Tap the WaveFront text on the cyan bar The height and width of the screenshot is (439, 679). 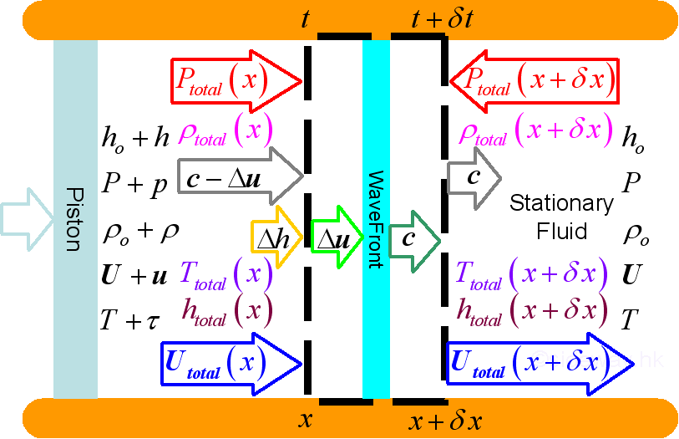376,219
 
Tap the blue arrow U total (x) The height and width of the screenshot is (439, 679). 230,362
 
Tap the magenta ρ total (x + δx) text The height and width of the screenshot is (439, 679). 531,131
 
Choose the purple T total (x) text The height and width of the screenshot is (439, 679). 226,275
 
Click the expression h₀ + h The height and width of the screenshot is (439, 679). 134,137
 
